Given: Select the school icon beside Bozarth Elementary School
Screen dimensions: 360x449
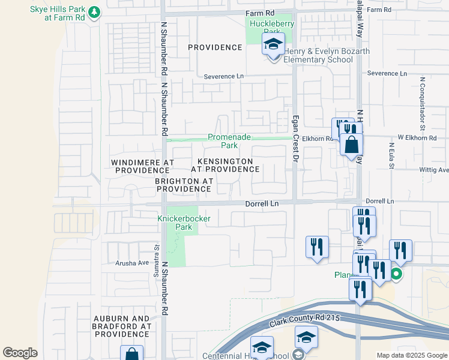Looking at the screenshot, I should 273,45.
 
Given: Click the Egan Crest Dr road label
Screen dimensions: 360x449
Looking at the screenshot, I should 295,139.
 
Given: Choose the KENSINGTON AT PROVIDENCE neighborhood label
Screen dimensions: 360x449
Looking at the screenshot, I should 225,166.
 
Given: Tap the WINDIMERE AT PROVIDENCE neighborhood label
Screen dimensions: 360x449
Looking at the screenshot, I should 143,166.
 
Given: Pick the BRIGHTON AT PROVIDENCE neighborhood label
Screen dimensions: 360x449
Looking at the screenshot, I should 184,185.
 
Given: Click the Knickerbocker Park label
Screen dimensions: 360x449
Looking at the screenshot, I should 184,223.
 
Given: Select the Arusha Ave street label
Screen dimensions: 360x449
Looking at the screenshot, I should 131,263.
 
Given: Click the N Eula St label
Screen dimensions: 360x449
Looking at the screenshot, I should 391,155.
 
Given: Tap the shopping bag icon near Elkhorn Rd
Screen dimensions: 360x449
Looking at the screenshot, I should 351,145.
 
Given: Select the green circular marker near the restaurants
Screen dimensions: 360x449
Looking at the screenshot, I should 396,274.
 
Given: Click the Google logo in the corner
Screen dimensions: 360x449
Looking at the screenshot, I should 20,353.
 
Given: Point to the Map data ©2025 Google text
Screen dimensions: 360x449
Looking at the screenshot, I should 411,355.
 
